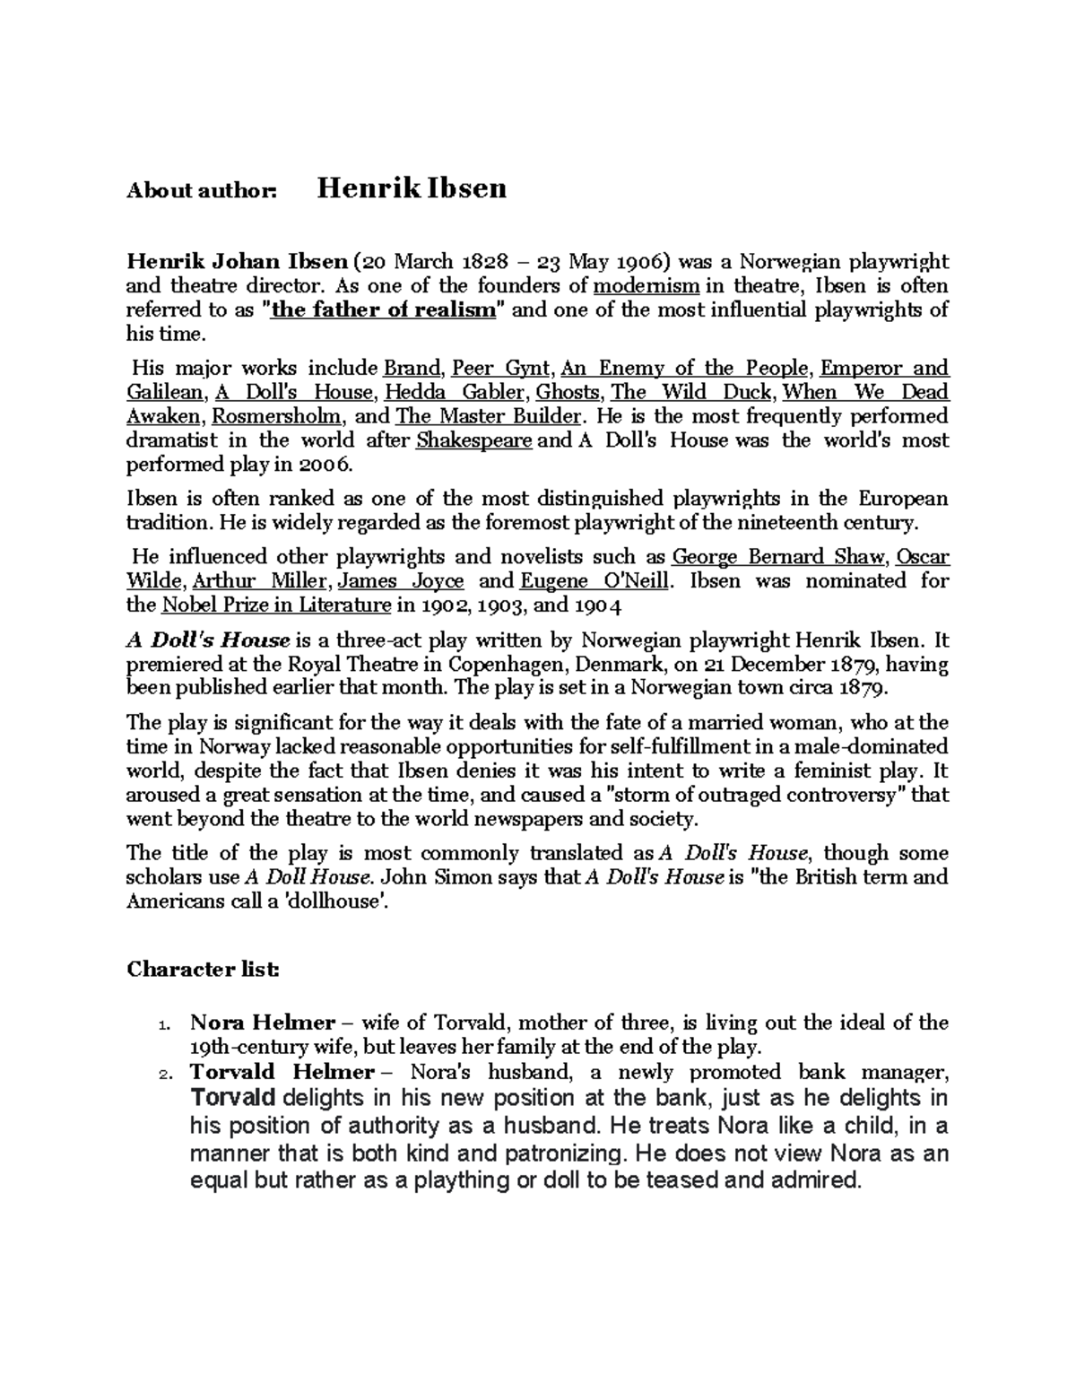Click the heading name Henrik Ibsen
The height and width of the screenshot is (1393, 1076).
click(x=412, y=187)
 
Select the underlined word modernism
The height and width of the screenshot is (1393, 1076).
click(x=646, y=286)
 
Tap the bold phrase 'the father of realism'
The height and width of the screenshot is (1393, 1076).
click(x=383, y=310)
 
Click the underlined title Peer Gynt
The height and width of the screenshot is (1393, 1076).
click(x=500, y=369)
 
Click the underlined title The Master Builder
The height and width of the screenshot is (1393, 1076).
click(x=490, y=416)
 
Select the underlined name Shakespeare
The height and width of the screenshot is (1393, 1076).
click(x=475, y=440)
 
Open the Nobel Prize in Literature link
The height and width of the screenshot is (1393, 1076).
click(x=276, y=605)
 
